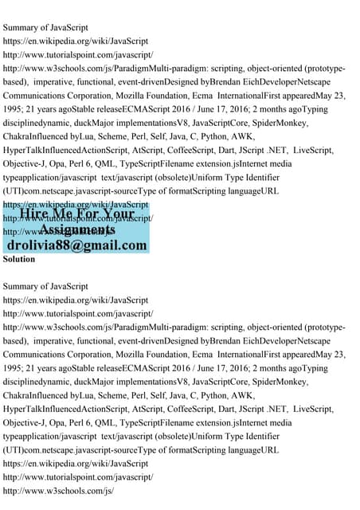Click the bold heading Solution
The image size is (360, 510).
[x=19, y=259]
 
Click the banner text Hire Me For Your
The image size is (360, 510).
[x=77, y=214]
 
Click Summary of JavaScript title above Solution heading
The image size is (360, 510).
[x=45, y=27]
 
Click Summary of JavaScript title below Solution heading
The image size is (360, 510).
[x=45, y=285]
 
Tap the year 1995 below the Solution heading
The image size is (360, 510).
[x=14, y=369]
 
